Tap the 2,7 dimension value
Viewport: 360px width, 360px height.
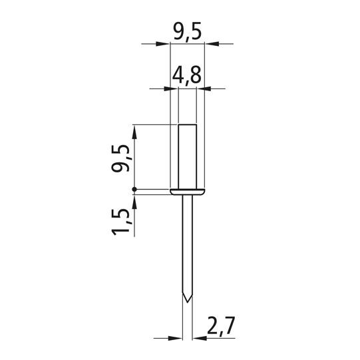[x=221, y=326]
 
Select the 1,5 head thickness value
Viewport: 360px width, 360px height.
[x=120, y=222]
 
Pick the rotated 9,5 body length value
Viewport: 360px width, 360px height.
[x=120, y=158]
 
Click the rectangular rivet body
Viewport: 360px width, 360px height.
[x=188, y=156]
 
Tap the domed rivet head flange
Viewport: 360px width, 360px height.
[x=188, y=192]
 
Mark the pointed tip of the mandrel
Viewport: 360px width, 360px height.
[x=188, y=302]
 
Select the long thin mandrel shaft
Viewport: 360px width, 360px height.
[x=188, y=248]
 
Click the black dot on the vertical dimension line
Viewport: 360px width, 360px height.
[x=134, y=190]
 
